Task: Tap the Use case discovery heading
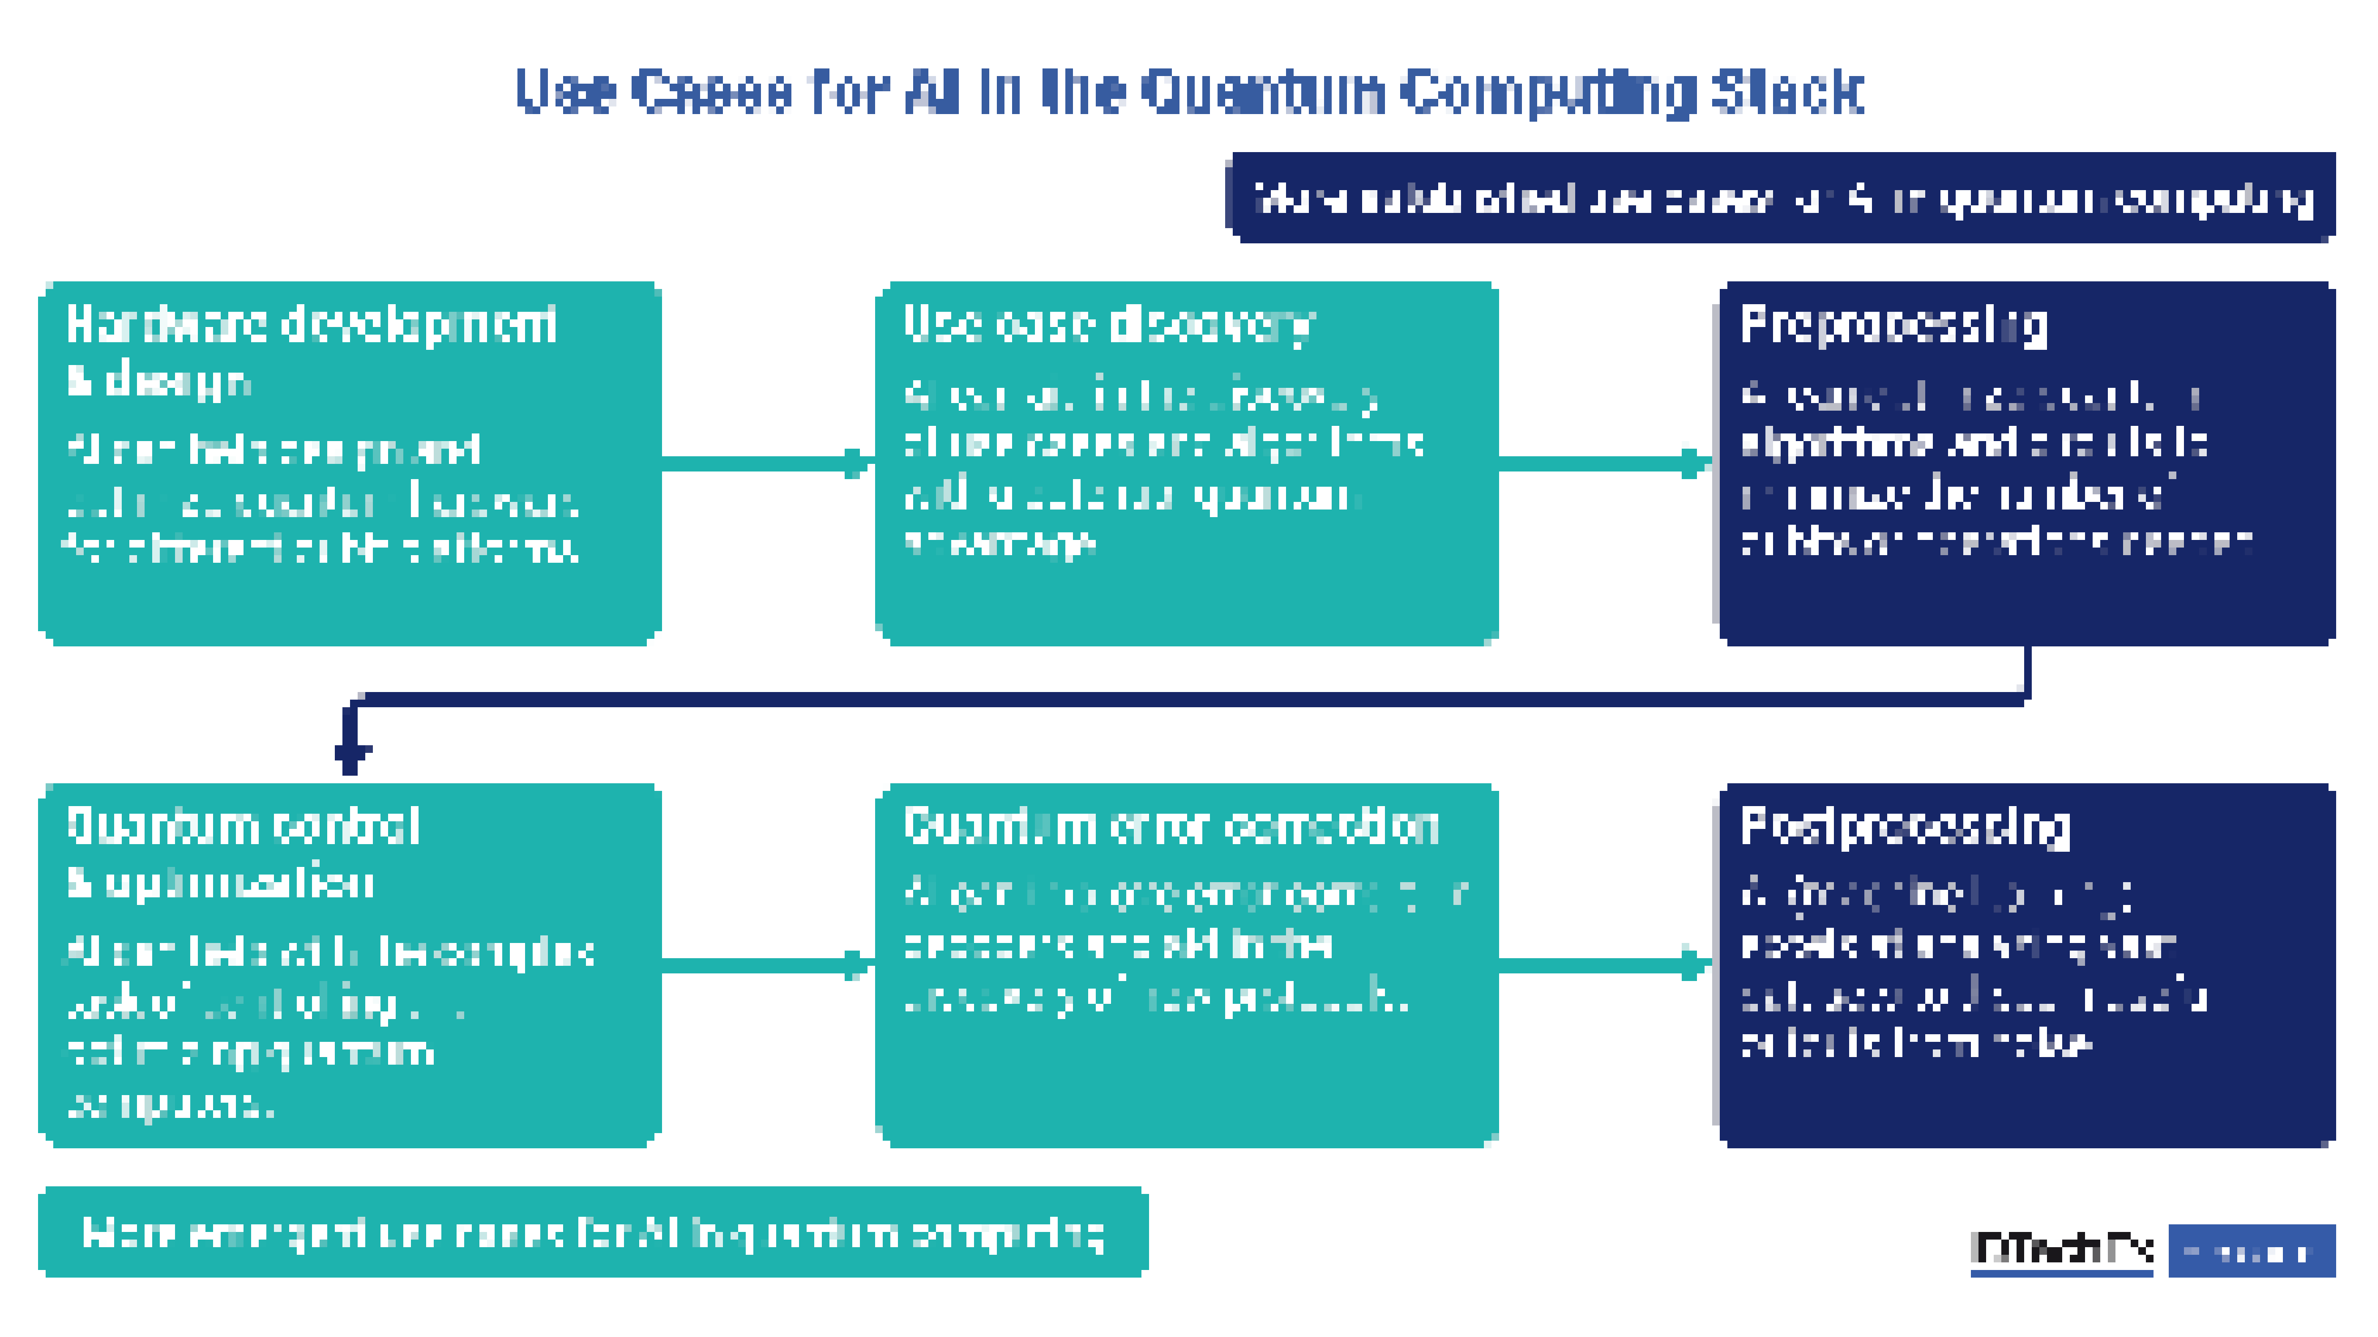[x=1108, y=325]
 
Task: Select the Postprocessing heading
[x=1904, y=827]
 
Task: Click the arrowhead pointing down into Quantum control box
[x=351, y=752]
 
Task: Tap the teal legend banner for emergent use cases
[x=593, y=1233]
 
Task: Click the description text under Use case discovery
[x=1163, y=469]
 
